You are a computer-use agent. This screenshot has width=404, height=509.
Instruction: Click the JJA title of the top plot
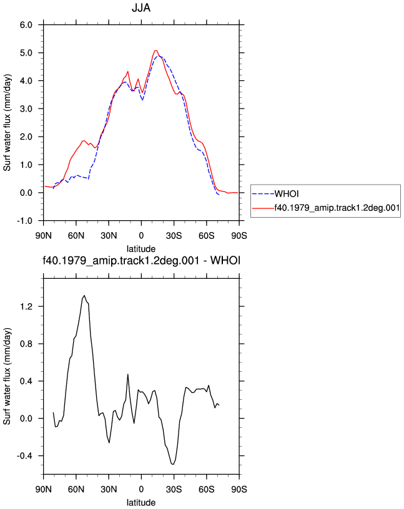(x=141, y=7)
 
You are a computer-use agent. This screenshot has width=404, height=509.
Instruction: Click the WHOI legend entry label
(x=287, y=194)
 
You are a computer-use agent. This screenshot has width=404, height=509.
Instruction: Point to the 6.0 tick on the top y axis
(x=26, y=25)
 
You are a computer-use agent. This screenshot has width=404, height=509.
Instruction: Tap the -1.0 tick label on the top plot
(x=25, y=221)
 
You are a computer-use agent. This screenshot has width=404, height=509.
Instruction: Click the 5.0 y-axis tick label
(x=26, y=53)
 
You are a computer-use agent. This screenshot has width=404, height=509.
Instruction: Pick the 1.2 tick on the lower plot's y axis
(x=26, y=306)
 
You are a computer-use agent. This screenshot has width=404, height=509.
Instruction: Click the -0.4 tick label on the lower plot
(x=25, y=456)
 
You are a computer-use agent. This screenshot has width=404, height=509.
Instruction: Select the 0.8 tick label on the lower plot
(x=26, y=344)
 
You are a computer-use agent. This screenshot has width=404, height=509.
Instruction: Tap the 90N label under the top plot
(x=44, y=235)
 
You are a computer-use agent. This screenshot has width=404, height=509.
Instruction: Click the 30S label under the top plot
(x=174, y=235)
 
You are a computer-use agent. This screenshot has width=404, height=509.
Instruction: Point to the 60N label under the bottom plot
(x=76, y=489)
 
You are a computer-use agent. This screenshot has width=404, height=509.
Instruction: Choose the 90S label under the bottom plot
(x=239, y=489)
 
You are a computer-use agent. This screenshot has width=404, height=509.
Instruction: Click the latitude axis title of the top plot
(x=141, y=249)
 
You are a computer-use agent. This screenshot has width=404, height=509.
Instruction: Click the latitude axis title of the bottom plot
(x=141, y=503)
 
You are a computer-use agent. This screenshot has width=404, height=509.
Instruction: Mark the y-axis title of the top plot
(x=7, y=123)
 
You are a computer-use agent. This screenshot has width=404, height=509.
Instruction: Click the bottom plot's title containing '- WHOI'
(x=141, y=260)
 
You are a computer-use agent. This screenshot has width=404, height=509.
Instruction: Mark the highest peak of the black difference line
(x=84, y=296)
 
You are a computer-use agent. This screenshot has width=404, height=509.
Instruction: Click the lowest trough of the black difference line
(x=173, y=465)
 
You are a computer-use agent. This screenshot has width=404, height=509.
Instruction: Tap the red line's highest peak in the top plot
(x=155, y=51)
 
